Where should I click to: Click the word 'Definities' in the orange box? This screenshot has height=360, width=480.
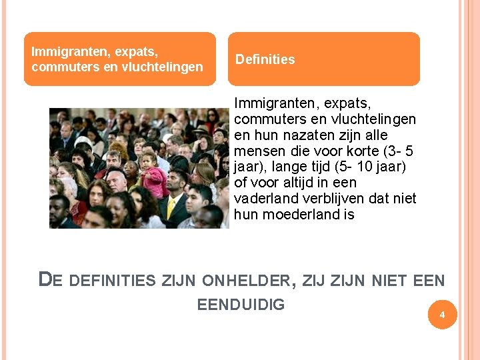265,59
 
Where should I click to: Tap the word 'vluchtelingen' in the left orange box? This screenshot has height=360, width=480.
163,67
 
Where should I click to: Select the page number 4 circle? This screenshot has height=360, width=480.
441,315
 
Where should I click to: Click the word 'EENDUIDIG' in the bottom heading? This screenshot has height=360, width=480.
241,305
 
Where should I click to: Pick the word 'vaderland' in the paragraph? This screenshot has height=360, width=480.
263,199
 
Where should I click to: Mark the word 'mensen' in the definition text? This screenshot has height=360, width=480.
257,151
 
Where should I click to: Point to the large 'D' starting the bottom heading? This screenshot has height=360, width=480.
45,279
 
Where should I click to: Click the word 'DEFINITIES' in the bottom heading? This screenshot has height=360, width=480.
111,281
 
